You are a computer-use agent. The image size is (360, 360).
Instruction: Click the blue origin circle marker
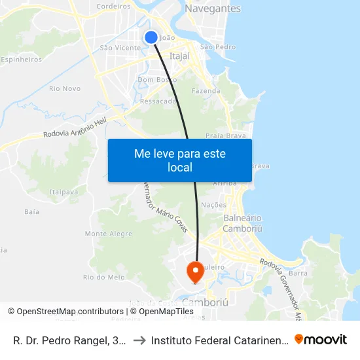pyautogui.click(x=151, y=37)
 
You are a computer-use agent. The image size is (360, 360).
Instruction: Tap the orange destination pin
pyautogui.click(x=195, y=271)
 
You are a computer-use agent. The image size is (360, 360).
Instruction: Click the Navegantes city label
pyautogui.click(x=213, y=9)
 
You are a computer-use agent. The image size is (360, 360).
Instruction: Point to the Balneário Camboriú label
pyautogui.click(x=243, y=223)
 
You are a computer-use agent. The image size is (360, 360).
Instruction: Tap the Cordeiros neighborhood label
pyautogui.click(x=114, y=6)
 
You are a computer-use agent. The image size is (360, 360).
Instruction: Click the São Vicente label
pyautogui.click(x=120, y=48)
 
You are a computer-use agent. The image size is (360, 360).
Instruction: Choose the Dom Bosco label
pyautogui.click(x=154, y=80)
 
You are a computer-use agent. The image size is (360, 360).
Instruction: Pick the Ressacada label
pyautogui.click(x=158, y=101)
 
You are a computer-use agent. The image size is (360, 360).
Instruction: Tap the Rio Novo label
pyautogui.click(x=65, y=88)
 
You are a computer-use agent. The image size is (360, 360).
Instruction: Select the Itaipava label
pyautogui.click(x=63, y=192)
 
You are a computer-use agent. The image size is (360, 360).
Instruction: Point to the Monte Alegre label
pyautogui.click(x=108, y=234)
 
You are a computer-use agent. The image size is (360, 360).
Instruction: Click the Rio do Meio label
pyautogui.click(x=103, y=278)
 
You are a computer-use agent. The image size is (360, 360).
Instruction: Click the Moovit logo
pyautogui.click(x=320, y=340)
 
